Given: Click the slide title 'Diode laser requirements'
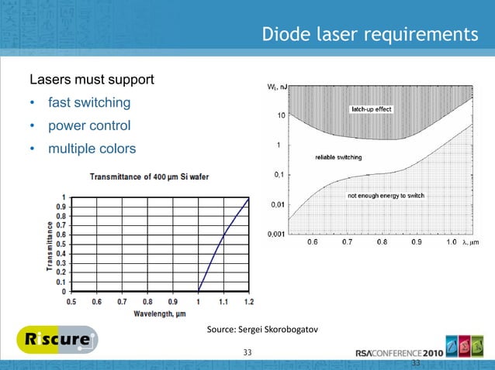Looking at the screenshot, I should [x=369, y=35].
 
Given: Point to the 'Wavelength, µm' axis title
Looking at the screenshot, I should [x=161, y=313].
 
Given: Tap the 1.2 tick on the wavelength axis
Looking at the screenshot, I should [x=247, y=302].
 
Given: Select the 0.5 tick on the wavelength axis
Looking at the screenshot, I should [x=71, y=302].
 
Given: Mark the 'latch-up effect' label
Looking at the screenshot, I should [x=372, y=110].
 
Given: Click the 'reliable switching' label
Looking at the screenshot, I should [x=337, y=158].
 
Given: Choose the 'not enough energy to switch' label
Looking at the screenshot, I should [x=384, y=197].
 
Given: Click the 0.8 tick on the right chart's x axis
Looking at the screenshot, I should [x=382, y=243].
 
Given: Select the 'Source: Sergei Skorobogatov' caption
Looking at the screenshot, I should [x=262, y=331].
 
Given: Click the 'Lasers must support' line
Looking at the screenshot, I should [x=92, y=81].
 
